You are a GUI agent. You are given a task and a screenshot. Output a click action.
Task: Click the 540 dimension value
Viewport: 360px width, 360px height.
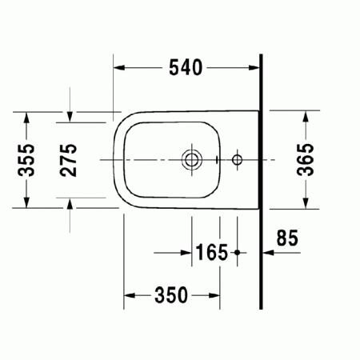pyautogui.click(x=186, y=68)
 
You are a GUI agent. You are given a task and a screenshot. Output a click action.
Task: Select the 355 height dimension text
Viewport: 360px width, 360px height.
pyautogui.click(x=29, y=159)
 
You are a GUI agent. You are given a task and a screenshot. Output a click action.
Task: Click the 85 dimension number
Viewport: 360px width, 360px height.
pyautogui.click(x=287, y=238)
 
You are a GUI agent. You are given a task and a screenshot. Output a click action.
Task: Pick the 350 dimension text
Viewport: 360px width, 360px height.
pyautogui.click(x=172, y=295)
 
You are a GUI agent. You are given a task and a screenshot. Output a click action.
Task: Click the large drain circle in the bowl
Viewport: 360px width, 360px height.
pyautogui.click(x=190, y=159)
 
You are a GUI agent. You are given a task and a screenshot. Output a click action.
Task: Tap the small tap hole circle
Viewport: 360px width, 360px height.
pyautogui.click(x=237, y=159)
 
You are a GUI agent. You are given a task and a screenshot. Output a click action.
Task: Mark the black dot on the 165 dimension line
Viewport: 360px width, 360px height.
pyautogui.click(x=238, y=253)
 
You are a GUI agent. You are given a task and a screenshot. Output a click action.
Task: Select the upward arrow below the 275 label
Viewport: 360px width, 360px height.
pyautogui.click(x=70, y=205)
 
